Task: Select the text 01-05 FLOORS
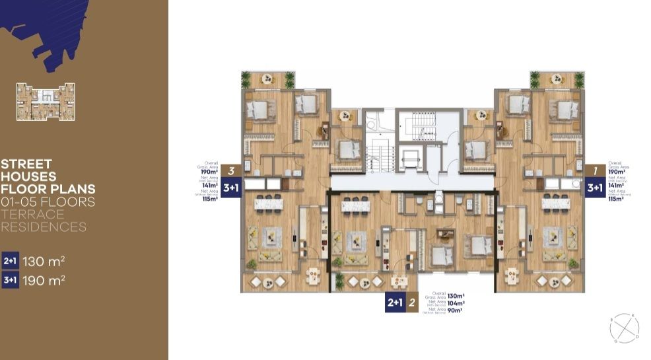pyautogui.click(x=48, y=201)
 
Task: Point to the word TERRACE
pyautogui.click(x=32, y=214)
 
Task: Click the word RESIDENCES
pyautogui.click(x=44, y=227)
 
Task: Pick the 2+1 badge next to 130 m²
pyautogui.click(x=11, y=261)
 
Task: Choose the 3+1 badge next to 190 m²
pyautogui.click(x=11, y=280)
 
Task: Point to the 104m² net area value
pyautogui.click(x=456, y=302)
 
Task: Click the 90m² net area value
pyautogui.click(x=454, y=309)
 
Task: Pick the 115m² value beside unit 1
pyautogui.click(x=615, y=199)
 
